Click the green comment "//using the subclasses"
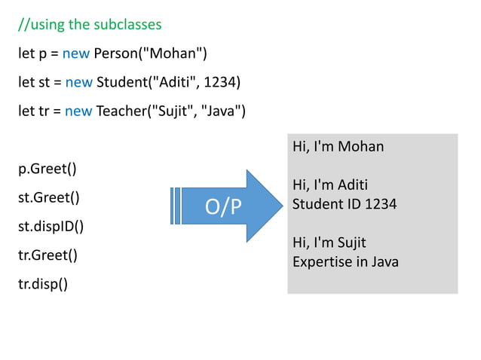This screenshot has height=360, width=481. [90, 25]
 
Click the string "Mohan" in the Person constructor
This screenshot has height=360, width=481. [176, 53]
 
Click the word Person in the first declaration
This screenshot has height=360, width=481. [115, 53]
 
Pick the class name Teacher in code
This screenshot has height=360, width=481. [121, 111]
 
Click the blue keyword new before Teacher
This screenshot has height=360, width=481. [78, 111]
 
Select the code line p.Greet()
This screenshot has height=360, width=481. [47, 169]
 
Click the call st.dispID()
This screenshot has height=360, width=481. [51, 226]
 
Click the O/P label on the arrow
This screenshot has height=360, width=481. [224, 206]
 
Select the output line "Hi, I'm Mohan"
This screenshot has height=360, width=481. [338, 146]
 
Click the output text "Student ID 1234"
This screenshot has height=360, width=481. [345, 203]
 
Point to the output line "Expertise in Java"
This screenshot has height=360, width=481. [345, 262]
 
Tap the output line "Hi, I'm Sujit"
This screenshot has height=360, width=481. [329, 243]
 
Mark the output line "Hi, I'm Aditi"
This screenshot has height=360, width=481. [329, 185]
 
